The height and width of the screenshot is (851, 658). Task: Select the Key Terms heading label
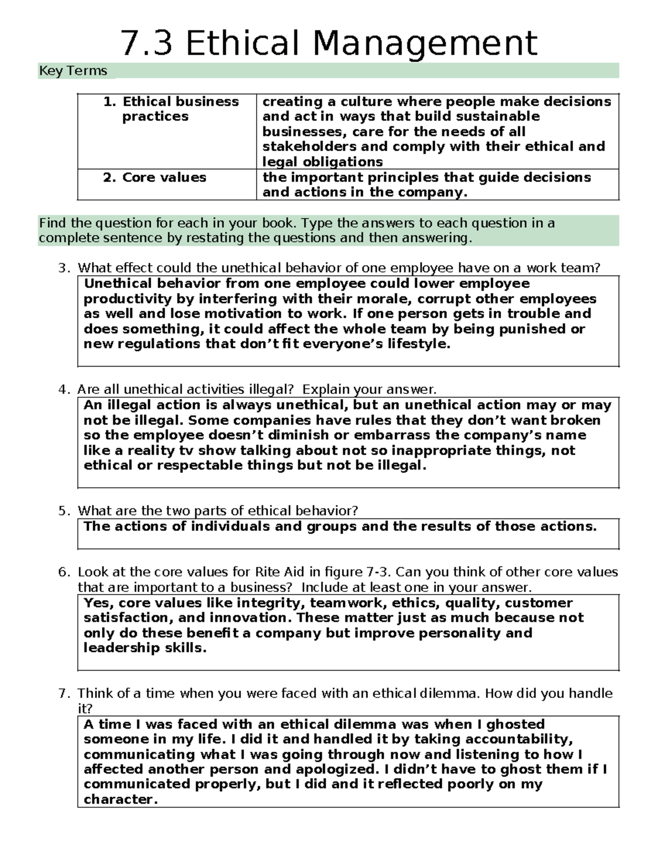coord(72,71)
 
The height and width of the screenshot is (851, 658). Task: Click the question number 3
coord(64,268)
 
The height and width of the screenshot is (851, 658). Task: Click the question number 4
coord(64,390)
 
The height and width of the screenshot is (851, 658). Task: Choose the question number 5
coord(64,511)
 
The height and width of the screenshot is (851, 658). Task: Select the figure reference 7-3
coord(378,572)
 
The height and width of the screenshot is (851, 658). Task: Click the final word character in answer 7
coord(120,799)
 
